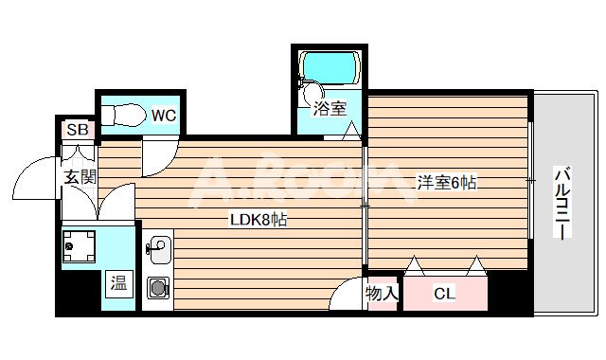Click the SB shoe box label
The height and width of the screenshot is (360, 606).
tap(76, 129)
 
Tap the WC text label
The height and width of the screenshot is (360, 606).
tap(163, 117)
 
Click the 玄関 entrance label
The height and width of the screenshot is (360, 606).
tap(80, 176)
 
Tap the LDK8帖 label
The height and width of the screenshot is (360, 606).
tap(258, 221)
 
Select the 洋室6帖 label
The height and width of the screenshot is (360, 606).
tap(445, 182)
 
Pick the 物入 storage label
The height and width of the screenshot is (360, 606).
tap(381, 294)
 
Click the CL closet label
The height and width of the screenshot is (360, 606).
tap(443, 294)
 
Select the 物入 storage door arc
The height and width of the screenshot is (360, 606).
tap(347, 296)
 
